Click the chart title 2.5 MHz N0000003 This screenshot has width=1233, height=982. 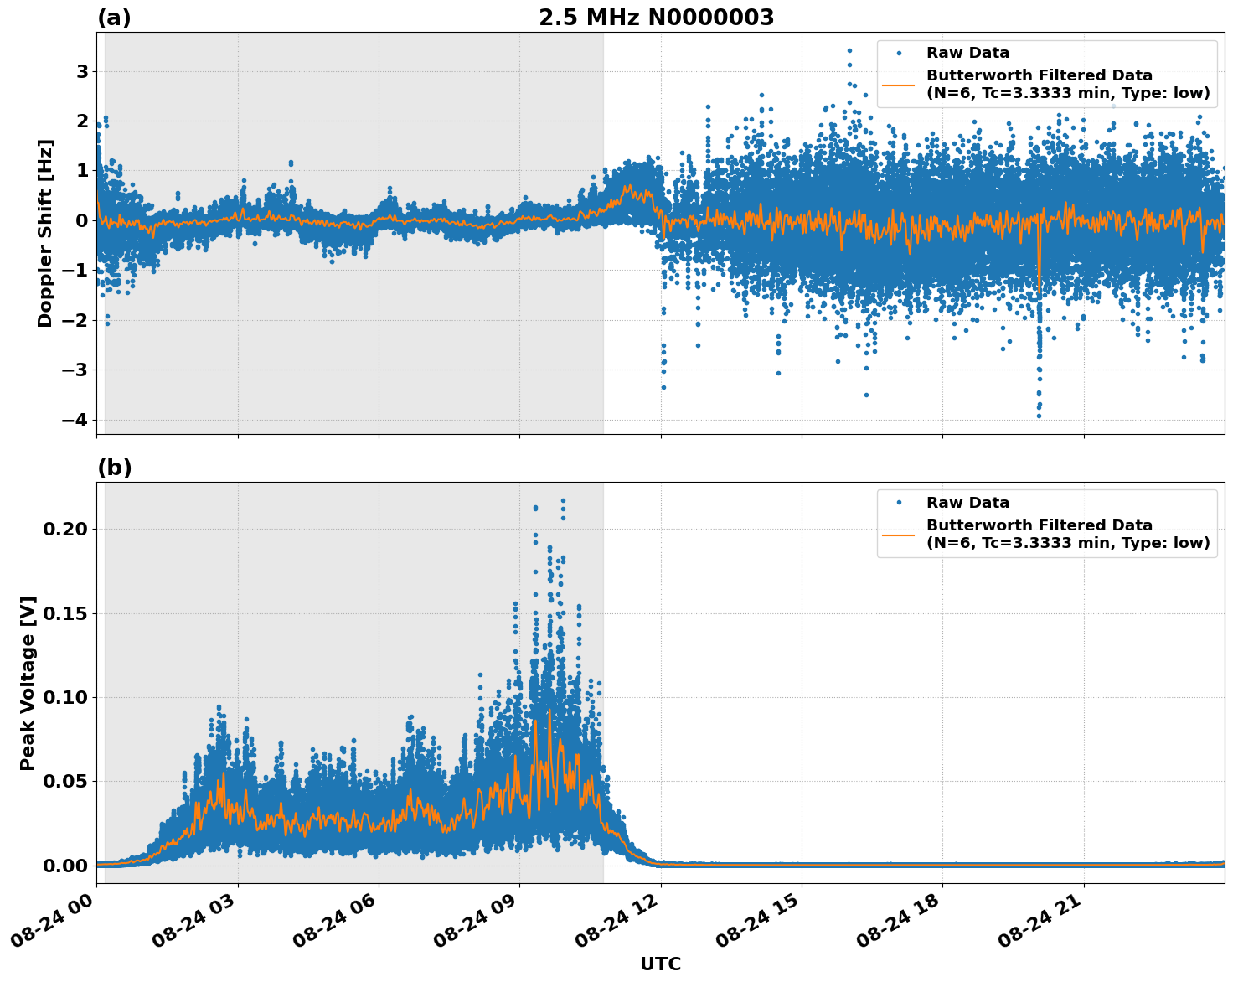pos(656,18)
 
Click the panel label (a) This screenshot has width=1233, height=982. pos(114,18)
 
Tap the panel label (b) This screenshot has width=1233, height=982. pos(114,468)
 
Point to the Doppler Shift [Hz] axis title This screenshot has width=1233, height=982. pos(45,233)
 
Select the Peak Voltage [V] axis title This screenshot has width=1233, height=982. pos(28,683)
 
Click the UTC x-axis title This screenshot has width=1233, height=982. pos(660,964)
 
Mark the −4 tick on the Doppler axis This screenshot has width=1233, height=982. pos(76,420)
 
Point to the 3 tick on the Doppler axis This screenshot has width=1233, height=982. pos(82,71)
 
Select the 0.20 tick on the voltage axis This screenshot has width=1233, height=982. pos(70,529)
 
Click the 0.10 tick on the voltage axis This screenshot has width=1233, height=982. pos(70,697)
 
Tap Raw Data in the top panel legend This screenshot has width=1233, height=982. pos(967,53)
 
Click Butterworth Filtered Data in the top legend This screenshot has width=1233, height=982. pos(1039,75)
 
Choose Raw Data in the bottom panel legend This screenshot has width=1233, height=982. pos(967,503)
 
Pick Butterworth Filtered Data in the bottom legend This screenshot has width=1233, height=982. pos(1039,525)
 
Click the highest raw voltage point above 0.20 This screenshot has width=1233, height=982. pos(563,501)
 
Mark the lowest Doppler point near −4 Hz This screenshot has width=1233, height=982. pos(1039,416)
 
